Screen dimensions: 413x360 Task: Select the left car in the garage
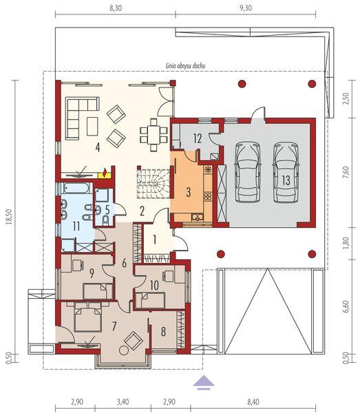point(246,172)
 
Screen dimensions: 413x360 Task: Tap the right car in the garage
point(284,172)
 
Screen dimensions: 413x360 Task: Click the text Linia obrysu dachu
point(187,66)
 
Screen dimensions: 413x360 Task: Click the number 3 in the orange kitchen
point(188,191)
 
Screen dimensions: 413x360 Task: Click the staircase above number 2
point(152,184)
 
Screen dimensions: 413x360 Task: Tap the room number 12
point(197,138)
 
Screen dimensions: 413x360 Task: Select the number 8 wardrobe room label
point(164,331)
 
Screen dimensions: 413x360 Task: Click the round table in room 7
point(124,350)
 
